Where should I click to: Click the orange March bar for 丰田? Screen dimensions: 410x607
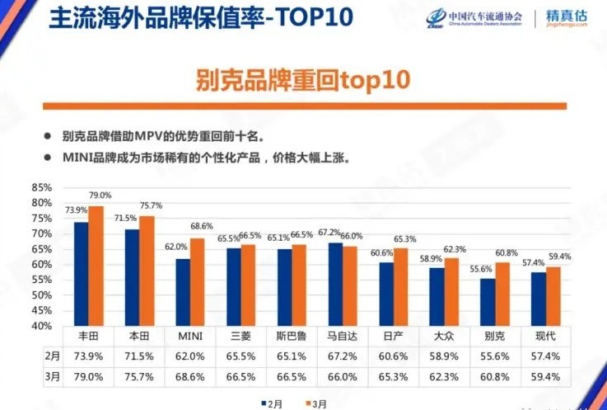(96, 266)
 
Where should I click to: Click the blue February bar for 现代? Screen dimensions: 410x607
(539, 299)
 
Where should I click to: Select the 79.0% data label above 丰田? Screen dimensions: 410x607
(99, 196)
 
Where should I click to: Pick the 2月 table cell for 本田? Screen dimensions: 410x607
(138, 356)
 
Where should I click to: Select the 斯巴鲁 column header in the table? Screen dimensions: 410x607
(292, 337)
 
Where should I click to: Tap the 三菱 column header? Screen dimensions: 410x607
(240, 337)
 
